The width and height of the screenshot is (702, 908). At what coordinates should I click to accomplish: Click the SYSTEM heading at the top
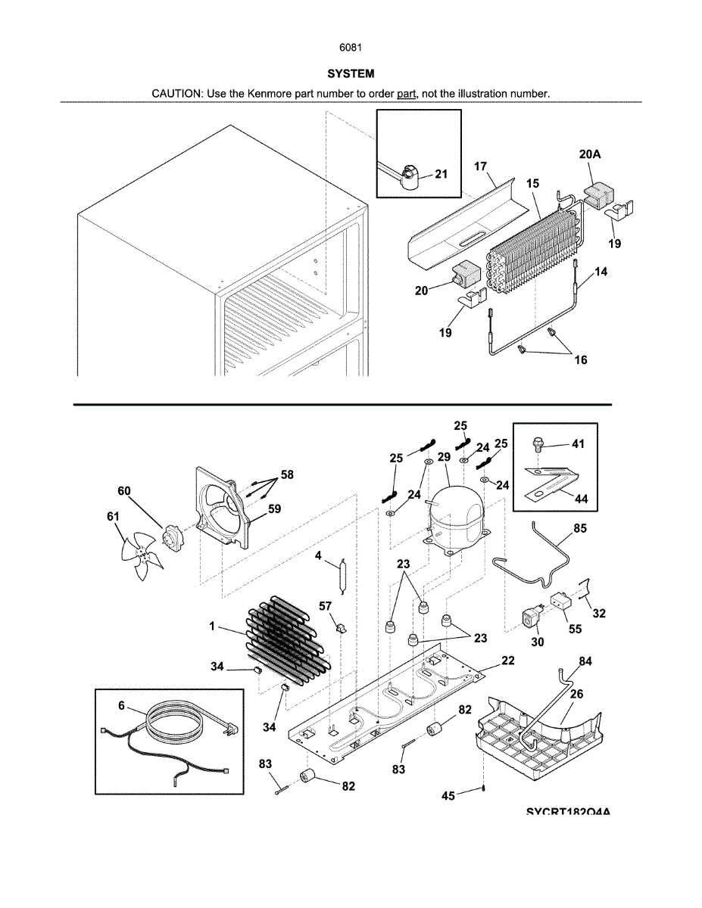click(x=351, y=74)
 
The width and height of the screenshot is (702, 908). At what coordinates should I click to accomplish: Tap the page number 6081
click(x=351, y=47)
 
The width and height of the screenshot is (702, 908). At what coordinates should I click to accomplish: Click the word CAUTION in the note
click(x=175, y=93)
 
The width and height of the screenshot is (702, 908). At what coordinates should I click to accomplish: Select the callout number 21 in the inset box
click(x=441, y=174)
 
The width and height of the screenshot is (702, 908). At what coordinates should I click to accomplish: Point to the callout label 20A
click(x=591, y=154)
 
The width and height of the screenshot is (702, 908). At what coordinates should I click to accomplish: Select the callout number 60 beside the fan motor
click(x=123, y=491)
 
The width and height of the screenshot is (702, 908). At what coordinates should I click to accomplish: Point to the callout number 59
click(x=274, y=509)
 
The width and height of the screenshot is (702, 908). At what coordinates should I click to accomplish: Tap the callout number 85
click(x=580, y=528)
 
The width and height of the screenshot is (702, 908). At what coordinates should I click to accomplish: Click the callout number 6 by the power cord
click(x=121, y=705)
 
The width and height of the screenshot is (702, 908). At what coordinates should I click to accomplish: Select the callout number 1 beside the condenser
click(x=213, y=627)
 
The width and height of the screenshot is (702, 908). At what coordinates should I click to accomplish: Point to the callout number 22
click(x=507, y=661)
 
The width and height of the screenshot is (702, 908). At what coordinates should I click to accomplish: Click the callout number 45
click(x=448, y=795)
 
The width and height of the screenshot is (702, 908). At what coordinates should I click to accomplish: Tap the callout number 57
click(x=325, y=606)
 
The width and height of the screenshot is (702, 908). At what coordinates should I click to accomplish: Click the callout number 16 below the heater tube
click(x=580, y=360)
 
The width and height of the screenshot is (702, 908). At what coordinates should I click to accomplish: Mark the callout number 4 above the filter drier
click(x=319, y=555)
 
